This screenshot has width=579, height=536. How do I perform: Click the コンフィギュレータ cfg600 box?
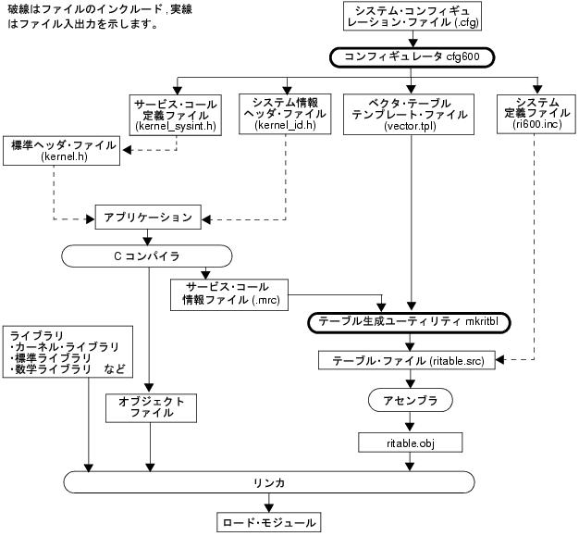[413, 56]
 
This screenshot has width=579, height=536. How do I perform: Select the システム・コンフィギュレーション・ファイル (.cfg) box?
[413, 19]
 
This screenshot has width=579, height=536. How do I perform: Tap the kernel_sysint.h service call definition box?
[175, 114]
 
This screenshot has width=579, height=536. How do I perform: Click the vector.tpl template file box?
[408, 114]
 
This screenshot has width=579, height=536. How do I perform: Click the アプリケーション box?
[147, 218]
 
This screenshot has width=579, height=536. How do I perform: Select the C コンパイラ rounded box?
[146, 255]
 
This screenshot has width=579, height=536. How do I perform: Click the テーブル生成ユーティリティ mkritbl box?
[410, 322]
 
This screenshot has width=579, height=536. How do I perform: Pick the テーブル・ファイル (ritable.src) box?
[410, 359]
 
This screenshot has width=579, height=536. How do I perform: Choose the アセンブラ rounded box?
[410, 400]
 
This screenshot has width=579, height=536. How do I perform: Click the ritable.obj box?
[410, 442]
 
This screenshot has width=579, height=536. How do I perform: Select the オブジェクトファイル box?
[152, 408]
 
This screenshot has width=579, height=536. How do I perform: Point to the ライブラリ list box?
[70, 352]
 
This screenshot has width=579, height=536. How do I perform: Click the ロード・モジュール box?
[268, 522]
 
